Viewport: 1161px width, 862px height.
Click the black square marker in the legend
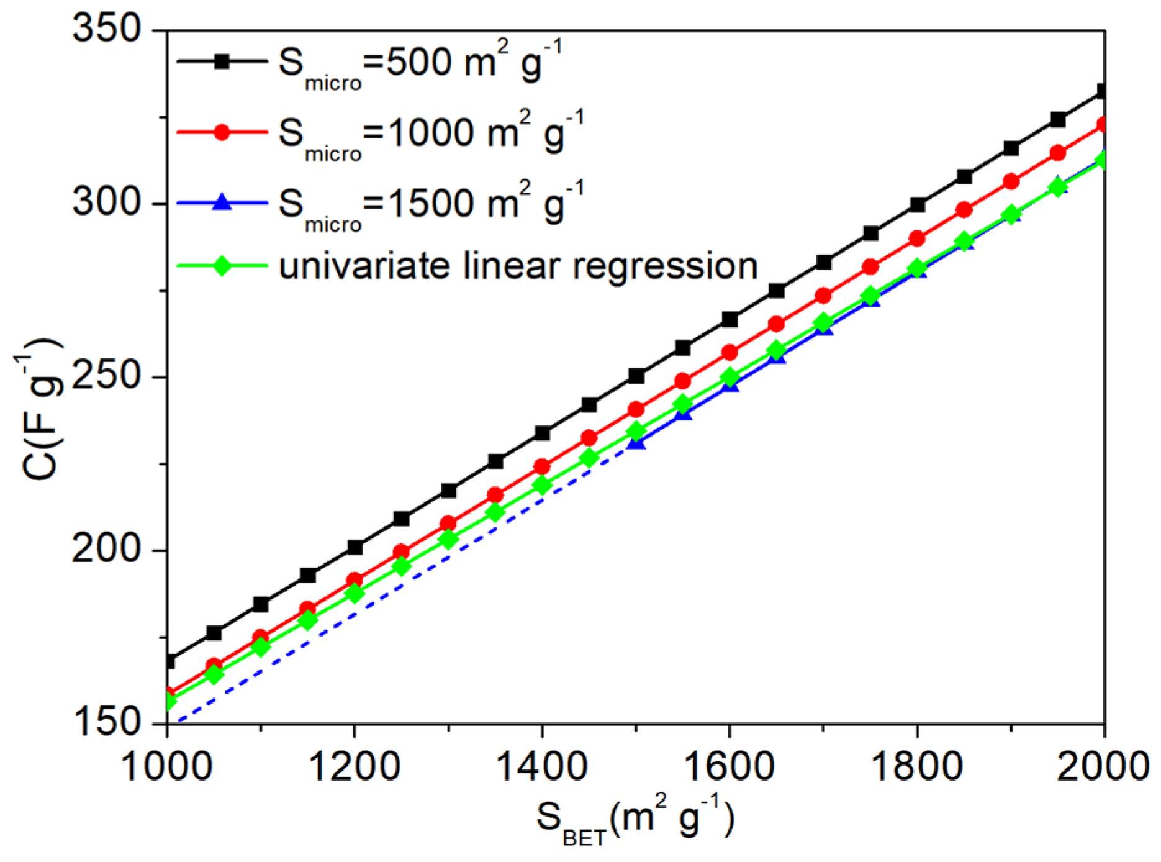[222, 61]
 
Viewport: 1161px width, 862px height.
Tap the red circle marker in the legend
[222, 132]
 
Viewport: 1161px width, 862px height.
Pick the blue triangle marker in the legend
[222, 202]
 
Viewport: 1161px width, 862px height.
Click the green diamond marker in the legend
[222, 266]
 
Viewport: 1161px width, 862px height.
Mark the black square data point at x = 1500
[636, 376]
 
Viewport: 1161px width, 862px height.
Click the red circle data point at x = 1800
[917, 238]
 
